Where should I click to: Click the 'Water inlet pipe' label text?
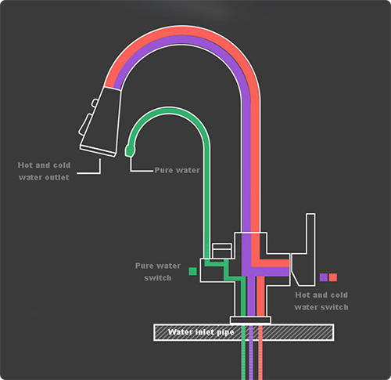[201, 332]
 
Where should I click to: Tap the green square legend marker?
[192, 271]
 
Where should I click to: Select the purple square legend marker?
[324, 277]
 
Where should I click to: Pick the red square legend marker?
[333, 277]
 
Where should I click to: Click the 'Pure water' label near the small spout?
[178, 170]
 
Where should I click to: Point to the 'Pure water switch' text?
[158, 272]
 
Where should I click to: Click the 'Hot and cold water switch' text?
[321, 301]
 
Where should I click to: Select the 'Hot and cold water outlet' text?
[44, 172]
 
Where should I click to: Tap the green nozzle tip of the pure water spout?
[130, 150]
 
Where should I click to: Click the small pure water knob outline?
[222, 251]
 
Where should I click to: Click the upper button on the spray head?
[95, 103]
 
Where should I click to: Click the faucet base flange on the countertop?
[250, 320]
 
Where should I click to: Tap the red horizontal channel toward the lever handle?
[271, 263]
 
